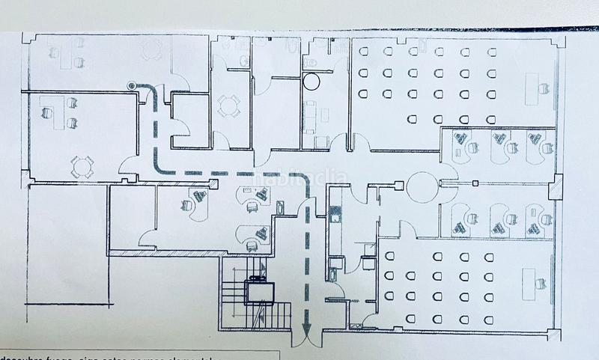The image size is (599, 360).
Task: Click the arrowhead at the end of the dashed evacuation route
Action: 305,327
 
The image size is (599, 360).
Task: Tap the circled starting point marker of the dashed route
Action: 133,85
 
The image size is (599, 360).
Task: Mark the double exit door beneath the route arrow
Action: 305,339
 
